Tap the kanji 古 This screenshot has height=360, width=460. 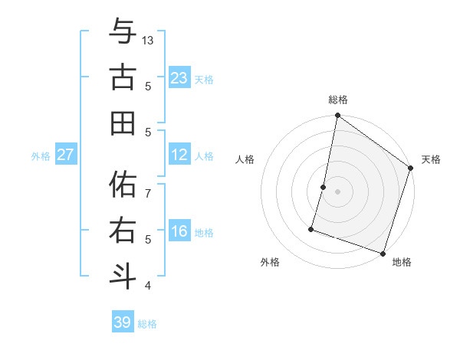pyautogui.click(x=123, y=79)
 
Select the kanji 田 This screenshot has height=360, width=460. pyautogui.click(x=123, y=123)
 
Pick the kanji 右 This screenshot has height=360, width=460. pyautogui.click(x=123, y=230)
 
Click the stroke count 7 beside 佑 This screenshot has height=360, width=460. pyautogui.click(x=148, y=185)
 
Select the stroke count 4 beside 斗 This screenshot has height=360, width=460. pyautogui.click(x=148, y=286)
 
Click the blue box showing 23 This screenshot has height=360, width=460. pyautogui.click(x=179, y=78)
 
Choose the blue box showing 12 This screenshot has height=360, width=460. pyautogui.click(x=179, y=155)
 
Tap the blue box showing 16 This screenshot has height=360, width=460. pyautogui.click(x=179, y=232)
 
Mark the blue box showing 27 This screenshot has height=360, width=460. pyautogui.click(x=66, y=155)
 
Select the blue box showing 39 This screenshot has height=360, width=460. pyautogui.click(x=123, y=322)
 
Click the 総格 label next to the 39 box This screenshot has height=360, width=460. pyautogui.click(x=147, y=324)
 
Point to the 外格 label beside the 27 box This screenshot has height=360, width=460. pyautogui.click(x=41, y=156)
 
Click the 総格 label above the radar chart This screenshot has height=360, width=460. pyautogui.click(x=338, y=100)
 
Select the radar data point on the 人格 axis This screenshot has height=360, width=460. pyautogui.click(x=324, y=187)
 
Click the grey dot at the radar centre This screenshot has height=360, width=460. pyautogui.click(x=337, y=191)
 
